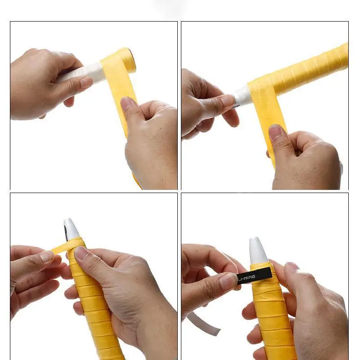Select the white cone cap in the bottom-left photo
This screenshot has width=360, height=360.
(72, 229)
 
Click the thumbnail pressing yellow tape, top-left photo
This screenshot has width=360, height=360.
(127, 104)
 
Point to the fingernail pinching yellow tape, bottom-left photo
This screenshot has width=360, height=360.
(46, 256)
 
